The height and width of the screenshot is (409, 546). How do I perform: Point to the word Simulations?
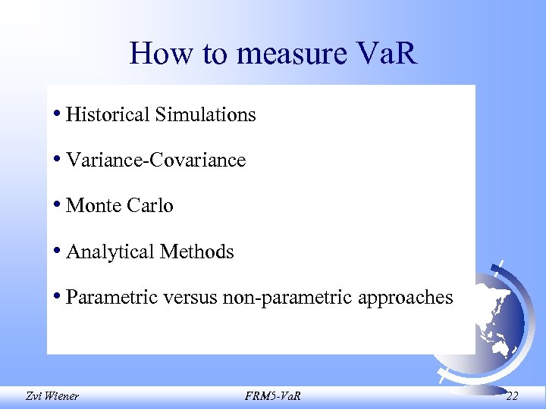206,114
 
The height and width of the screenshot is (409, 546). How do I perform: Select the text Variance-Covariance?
156,160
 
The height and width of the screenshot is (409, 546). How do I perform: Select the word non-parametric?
287,298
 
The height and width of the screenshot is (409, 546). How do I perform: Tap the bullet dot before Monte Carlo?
58,204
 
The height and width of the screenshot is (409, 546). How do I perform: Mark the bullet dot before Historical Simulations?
58,114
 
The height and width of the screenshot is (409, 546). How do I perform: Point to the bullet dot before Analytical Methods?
58,250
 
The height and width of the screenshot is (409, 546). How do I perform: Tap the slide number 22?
512,395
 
